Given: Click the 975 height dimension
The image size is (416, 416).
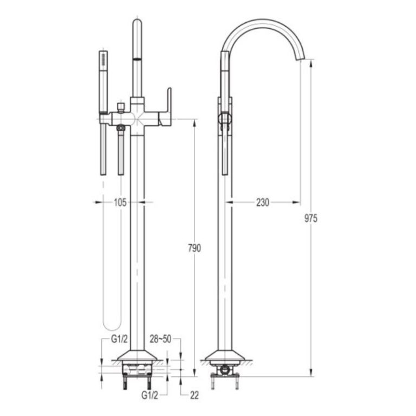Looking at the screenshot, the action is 311,218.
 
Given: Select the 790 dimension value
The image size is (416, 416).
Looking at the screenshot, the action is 194,248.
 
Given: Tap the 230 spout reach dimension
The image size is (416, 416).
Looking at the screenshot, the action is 263,203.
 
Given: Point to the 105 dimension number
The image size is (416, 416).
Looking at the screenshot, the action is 120,203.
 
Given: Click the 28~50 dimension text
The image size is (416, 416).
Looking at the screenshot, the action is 160,339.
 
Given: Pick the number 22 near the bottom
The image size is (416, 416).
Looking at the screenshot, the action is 194,395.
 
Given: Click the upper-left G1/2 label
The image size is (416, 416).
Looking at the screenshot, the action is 119,339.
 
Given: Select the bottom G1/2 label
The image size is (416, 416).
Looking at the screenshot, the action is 149,395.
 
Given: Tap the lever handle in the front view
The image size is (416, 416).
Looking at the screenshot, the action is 166,107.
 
